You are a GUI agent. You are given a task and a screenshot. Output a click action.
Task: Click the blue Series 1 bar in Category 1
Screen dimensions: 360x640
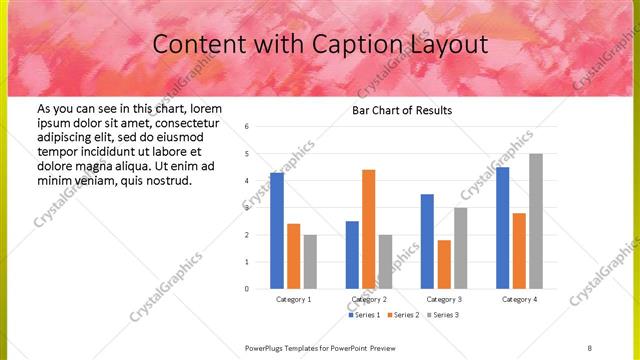pyautogui.click(x=277, y=231)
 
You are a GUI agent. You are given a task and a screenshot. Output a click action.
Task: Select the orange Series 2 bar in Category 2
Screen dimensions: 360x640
pyautogui.click(x=368, y=229)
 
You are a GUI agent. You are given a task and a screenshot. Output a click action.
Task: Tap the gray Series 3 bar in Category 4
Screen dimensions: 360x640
pyautogui.click(x=536, y=221)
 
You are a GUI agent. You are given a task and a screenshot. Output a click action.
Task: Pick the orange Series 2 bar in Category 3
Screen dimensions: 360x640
pyautogui.click(x=443, y=264)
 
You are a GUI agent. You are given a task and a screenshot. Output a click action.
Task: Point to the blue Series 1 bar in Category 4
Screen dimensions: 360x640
pyautogui.click(x=502, y=228)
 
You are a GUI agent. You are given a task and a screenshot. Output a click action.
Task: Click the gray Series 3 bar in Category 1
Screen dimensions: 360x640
pyautogui.click(x=310, y=262)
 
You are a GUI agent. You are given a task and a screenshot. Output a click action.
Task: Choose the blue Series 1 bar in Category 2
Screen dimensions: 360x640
pyautogui.click(x=352, y=255)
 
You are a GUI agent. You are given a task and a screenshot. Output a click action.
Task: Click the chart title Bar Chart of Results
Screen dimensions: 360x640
pyautogui.click(x=400, y=110)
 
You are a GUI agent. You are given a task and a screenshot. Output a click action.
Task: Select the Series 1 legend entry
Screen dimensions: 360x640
pyautogui.click(x=362, y=315)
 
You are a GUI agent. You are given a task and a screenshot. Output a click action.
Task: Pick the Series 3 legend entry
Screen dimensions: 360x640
pyautogui.click(x=443, y=315)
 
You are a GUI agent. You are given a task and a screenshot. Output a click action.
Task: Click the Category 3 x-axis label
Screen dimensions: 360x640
pyautogui.click(x=443, y=299)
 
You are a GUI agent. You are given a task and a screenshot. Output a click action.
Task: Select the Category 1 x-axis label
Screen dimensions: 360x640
pyautogui.click(x=293, y=299)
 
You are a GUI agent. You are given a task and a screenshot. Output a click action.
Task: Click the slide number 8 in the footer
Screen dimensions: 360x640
pyautogui.click(x=590, y=348)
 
